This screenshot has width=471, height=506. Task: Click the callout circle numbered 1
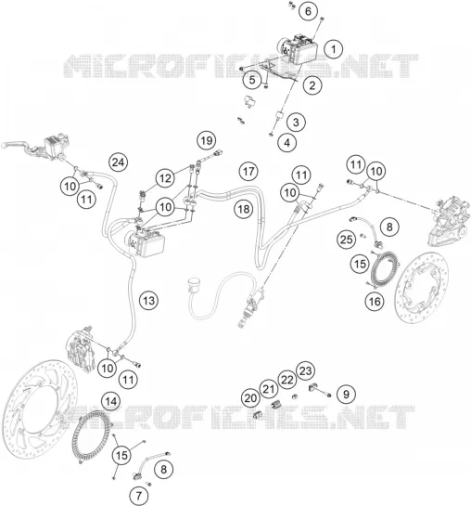click(334, 49)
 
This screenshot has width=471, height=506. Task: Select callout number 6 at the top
click(309, 11)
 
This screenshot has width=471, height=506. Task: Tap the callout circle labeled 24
click(119, 162)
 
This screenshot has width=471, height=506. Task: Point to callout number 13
click(148, 301)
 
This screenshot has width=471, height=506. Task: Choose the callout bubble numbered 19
click(207, 141)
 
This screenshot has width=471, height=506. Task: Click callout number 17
click(248, 172)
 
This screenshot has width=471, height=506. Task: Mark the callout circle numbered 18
click(244, 209)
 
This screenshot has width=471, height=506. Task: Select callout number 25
click(347, 240)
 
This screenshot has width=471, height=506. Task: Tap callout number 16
click(375, 302)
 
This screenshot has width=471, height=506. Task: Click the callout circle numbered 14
click(111, 401)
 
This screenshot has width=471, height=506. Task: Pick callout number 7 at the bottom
click(139, 496)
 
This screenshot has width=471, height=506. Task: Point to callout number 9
click(346, 394)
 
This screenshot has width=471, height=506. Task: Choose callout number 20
click(250, 398)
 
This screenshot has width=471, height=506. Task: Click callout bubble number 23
click(305, 370)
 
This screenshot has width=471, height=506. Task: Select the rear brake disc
click(421, 287)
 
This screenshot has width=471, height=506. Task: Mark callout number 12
click(165, 178)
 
